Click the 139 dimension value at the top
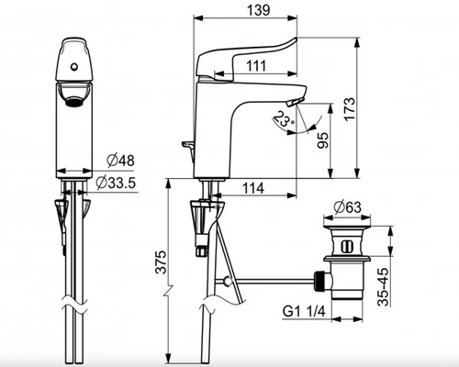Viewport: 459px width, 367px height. (259, 9)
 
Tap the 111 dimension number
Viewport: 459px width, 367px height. (256, 66)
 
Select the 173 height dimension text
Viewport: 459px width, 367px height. (350, 108)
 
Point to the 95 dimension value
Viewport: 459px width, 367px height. (322, 140)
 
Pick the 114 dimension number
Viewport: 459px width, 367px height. (253, 188)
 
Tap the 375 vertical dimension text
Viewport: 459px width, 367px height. (161, 261)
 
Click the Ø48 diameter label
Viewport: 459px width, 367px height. (121, 161)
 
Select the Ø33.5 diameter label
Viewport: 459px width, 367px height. (116, 183)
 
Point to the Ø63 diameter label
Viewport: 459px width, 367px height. (348, 207)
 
